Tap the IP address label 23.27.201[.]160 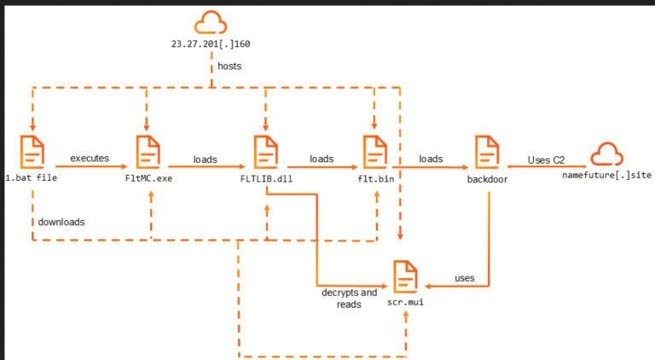[x=211, y=44]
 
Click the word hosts [x=229, y=66]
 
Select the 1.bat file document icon [x=32, y=152]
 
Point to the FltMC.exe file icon [x=148, y=152]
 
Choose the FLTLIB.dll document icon [x=266, y=152]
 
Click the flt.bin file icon [x=375, y=152]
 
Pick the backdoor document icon [x=487, y=152]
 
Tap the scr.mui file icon [x=405, y=276]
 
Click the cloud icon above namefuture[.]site [x=606, y=154]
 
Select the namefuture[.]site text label [x=606, y=176]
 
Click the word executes [x=90, y=159]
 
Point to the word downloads [x=61, y=222]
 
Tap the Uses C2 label [x=546, y=160]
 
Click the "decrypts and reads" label [x=349, y=299]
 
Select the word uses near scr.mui [x=465, y=278]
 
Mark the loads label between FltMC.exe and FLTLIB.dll [x=205, y=160]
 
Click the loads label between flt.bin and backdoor [x=431, y=160]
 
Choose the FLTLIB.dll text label [x=266, y=179]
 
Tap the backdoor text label [x=487, y=180]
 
